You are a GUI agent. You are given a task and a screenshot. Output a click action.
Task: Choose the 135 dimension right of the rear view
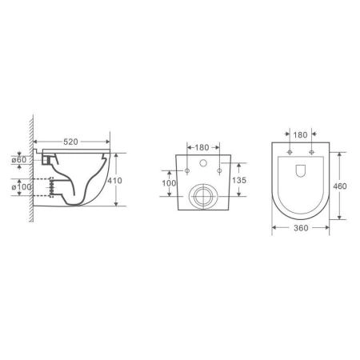[237, 180]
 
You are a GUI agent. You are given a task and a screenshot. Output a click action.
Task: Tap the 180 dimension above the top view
[298, 137]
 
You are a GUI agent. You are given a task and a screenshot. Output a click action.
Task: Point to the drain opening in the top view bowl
[298, 171]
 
